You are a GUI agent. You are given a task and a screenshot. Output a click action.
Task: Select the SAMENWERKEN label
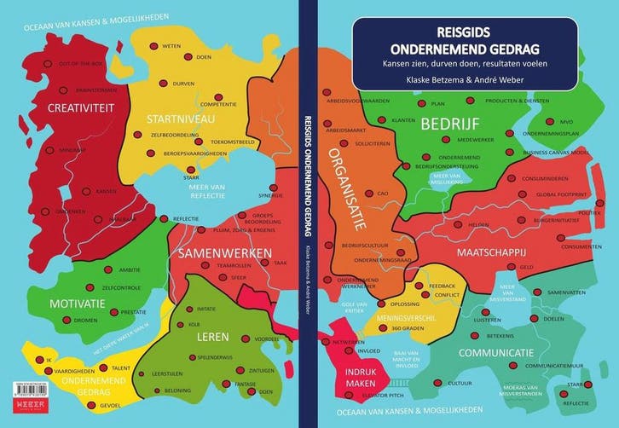225,253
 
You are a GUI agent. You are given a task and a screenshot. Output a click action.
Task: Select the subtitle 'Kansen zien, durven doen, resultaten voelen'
464,64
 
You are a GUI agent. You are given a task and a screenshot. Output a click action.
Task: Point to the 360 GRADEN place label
407,328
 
